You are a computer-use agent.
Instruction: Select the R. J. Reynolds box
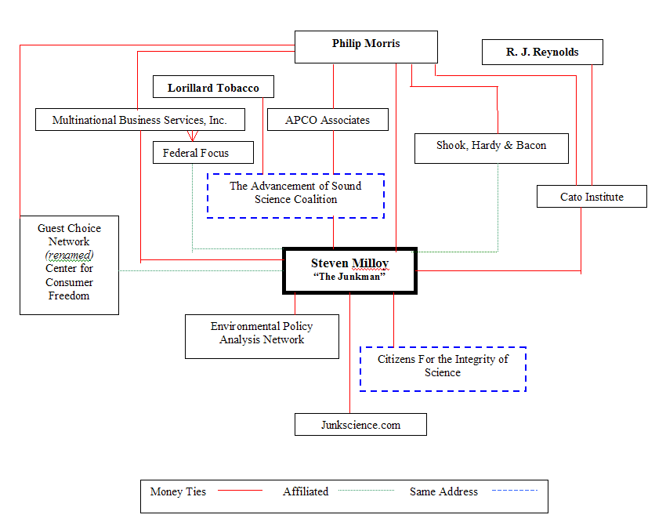542,53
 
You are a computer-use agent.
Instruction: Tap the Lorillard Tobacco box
213,88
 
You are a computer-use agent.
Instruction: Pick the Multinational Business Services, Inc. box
139,120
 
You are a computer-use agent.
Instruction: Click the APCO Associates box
328,120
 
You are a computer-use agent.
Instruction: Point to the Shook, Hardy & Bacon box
491,147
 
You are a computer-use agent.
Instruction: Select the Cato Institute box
592,197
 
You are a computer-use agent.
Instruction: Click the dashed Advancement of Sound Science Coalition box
295,194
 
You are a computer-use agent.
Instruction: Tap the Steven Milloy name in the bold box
349,263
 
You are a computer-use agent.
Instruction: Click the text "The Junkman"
349,277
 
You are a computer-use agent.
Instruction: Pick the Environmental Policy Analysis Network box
262,334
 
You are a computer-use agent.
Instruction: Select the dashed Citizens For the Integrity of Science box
443,367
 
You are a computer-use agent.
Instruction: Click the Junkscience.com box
360,425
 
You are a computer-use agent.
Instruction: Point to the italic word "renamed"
69,256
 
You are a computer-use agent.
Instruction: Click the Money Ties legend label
178,492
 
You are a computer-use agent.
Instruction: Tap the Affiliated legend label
306,492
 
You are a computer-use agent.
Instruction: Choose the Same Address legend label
443,492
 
